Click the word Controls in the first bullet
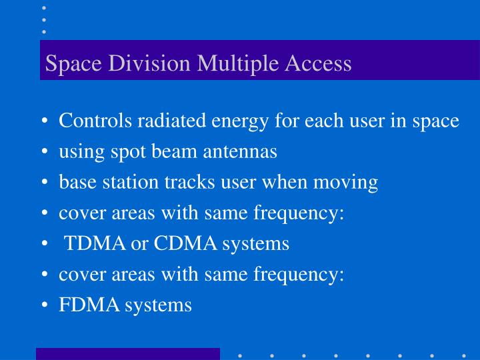click(x=96, y=121)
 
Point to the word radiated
click(x=172, y=121)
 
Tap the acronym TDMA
click(x=95, y=243)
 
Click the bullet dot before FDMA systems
click(x=43, y=306)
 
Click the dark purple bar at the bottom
click(x=127, y=354)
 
